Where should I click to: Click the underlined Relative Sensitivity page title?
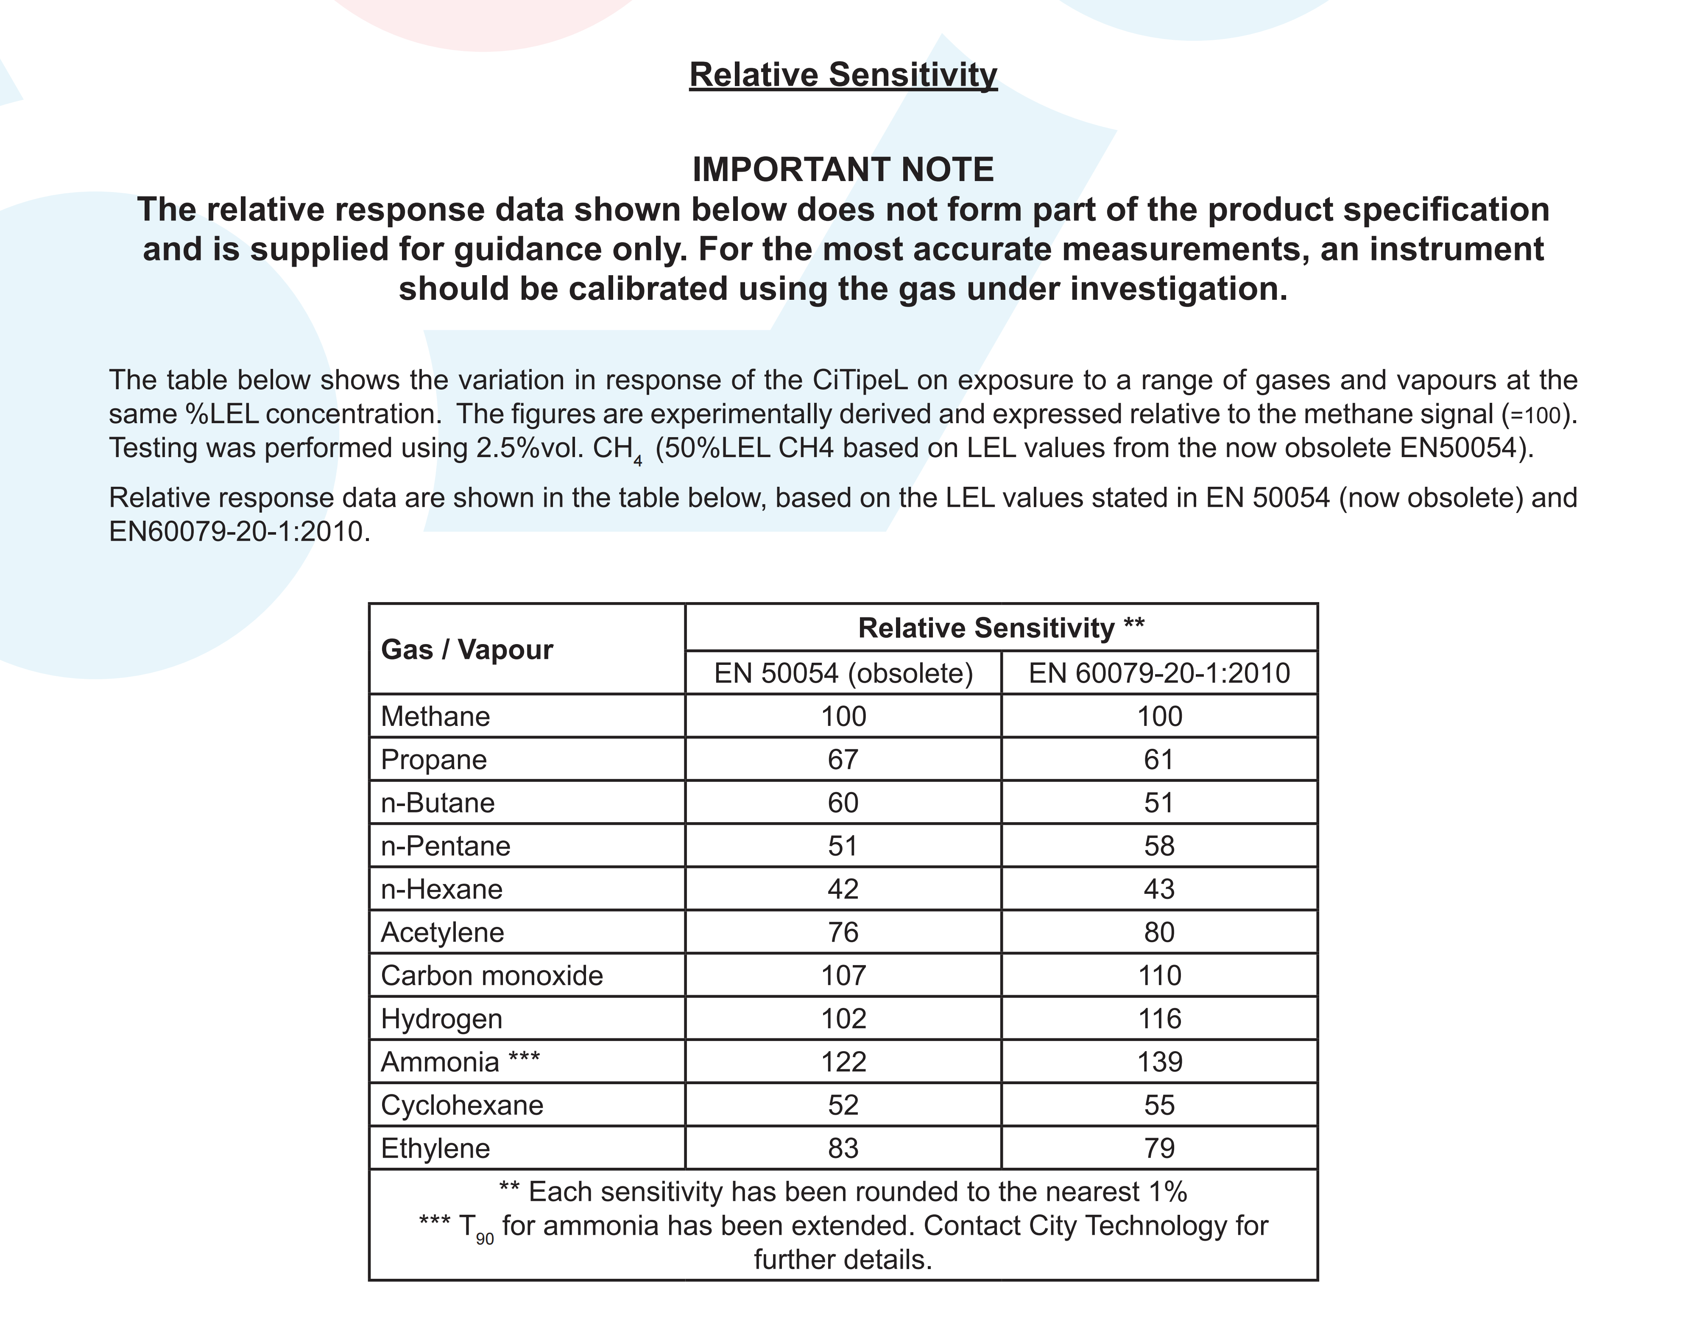[843, 75]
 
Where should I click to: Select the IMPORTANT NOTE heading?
[843, 170]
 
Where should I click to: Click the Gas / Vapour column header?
[467, 650]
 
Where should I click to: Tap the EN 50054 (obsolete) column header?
[843, 673]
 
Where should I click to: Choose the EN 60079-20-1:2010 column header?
[1159, 673]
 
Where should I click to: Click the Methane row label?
[435, 717]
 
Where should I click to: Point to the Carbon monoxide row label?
[492, 976]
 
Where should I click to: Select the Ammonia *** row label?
[460, 1062]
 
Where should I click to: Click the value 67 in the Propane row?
[843, 759]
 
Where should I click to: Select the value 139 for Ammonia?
[1159, 1062]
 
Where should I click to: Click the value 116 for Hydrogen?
[1159, 1019]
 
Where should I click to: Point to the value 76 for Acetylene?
[843, 932]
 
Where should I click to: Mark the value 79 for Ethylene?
[1159, 1148]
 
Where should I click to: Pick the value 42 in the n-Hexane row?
[843, 889]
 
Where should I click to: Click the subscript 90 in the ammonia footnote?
[485, 1239]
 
